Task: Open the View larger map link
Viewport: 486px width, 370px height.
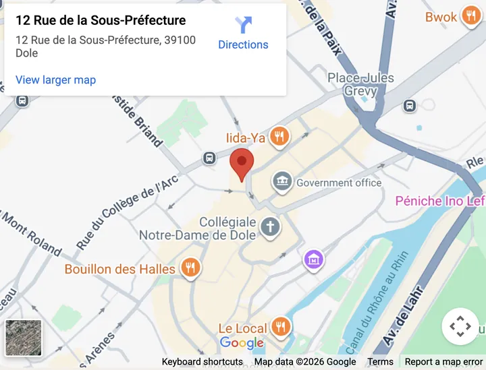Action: tap(55, 80)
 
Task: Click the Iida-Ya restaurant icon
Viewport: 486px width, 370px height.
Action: tap(279, 137)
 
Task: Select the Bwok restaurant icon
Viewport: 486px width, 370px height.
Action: tap(470, 17)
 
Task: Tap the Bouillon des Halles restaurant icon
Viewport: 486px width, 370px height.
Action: tap(191, 268)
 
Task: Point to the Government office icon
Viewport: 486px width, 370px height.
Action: tap(282, 181)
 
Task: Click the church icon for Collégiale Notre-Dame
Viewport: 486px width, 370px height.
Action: tap(270, 226)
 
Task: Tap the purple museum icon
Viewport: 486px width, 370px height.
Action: tap(313, 258)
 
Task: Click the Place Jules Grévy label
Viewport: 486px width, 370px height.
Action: tap(360, 84)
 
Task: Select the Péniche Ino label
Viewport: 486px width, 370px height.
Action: tap(439, 201)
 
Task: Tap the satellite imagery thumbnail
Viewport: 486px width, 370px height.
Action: tap(24, 337)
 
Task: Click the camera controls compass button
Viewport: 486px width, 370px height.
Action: tap(460, 326)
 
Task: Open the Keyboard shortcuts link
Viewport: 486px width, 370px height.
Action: tap(202, 362)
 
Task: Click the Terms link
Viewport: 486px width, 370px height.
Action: tap(380, 362)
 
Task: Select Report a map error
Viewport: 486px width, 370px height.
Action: tap(443, 362)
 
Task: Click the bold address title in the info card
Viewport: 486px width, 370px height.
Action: tap(101, 21)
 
